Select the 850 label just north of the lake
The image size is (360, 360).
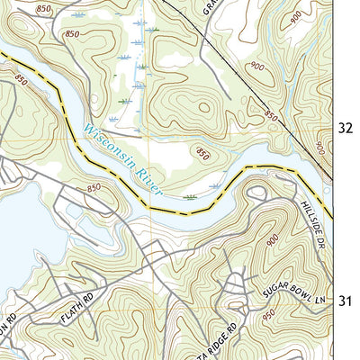pos(93,187)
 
